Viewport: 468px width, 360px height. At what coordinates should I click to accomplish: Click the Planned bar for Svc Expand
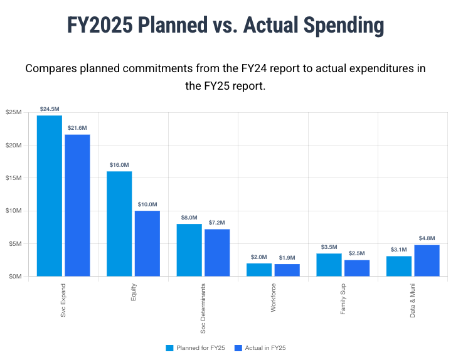[x=50, y=196]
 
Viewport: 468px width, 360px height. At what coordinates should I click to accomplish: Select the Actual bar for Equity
[x=147, y=243]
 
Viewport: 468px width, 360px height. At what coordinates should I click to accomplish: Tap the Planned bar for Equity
[x=119, y=223]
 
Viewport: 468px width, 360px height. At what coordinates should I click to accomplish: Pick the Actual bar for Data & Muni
[x=427, y=260]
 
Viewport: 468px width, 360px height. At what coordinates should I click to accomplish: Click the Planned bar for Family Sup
[x=329, y=265]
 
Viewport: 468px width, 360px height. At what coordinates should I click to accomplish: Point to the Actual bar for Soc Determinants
[x=217, y=252]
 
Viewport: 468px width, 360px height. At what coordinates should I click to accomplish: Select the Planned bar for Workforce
[x=259, y=270]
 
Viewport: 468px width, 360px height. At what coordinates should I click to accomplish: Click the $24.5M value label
[x=50, y=109]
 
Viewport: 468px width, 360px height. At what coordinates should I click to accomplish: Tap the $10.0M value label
[x=147, y=204]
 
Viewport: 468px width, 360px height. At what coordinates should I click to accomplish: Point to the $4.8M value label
[x=427, y=238]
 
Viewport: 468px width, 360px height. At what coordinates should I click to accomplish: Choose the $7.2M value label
[x=217, y=223]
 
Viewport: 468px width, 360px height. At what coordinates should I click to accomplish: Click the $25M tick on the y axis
[x=14, y=112]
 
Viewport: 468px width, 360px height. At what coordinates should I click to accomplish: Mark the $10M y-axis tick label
[x=14, y=211]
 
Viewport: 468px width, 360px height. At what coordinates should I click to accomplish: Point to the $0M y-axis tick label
[x=15, y=276]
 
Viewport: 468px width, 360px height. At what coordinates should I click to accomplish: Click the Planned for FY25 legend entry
[x=195, y=347]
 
